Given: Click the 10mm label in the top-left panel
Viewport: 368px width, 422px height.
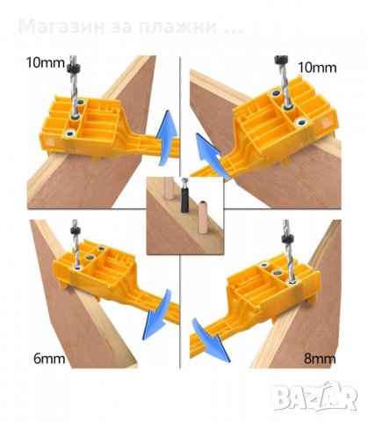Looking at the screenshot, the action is [x=45, y=62].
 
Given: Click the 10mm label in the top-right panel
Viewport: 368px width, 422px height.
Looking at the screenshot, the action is [x=317, y=68].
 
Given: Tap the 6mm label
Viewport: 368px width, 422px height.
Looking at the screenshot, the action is [x=49, y=359].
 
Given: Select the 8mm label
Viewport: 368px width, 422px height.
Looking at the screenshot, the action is [x=320, y=359].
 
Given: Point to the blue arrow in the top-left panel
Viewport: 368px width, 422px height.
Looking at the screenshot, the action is [x=166, y=138].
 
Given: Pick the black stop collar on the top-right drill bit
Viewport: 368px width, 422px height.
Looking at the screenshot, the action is [x=280, y=60].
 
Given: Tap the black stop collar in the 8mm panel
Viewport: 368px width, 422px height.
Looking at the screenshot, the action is [x=286, y=238].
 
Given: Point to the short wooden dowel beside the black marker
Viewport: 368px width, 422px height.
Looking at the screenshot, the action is [x=202, y=217].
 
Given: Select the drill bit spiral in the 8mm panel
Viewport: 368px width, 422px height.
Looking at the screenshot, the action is [x=288, y=261].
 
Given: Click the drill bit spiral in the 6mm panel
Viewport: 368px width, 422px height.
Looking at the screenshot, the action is [x=76, y=249].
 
